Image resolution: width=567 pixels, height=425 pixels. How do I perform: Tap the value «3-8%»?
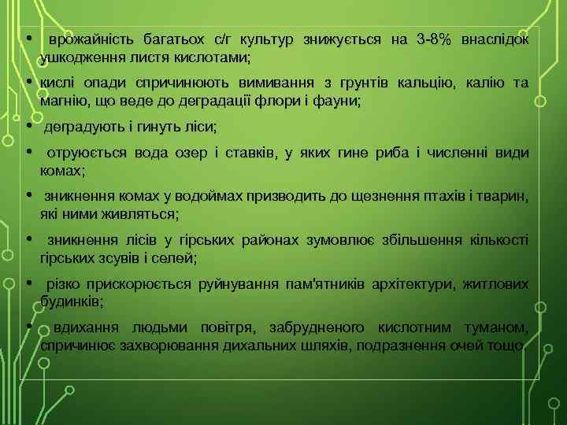[x=432, y=39]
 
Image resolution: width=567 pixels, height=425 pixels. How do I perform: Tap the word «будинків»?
[x=70, y=301]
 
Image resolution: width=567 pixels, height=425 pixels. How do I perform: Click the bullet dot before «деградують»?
[x=28, y=126]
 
